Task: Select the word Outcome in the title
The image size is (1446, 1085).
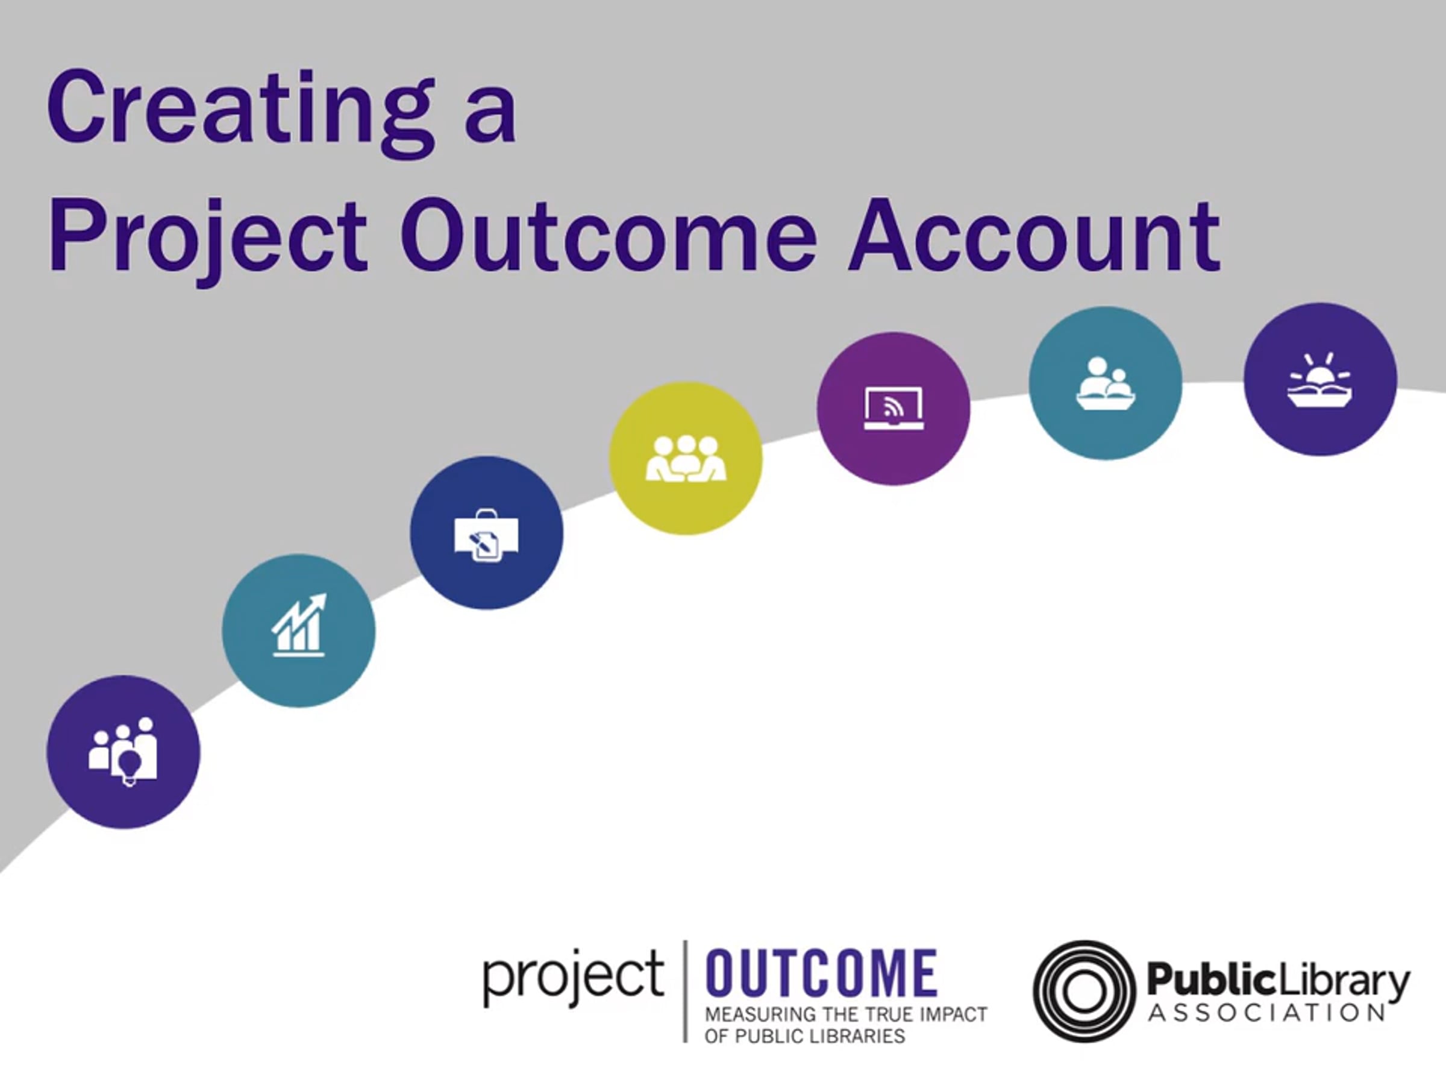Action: pyautogui.click(x=608, y=236)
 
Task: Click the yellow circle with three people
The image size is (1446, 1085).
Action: pyautogui.click(x=686, y=458)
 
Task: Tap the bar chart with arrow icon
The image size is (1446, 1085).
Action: pyautogui.click(x=299, y=625)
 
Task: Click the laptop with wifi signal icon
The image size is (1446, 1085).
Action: pyautogui.click(x=894, y=409)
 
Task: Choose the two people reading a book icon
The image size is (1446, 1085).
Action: pyautogui.click(x=1106, y=384)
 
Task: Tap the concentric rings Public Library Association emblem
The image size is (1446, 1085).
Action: pyautogui.click(x=1083, y=990)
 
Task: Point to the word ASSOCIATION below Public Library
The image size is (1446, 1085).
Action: pyautogui.click(x=1266, y=1013)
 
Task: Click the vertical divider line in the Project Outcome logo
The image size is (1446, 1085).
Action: pyautogui.click(x=685, y=991)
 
